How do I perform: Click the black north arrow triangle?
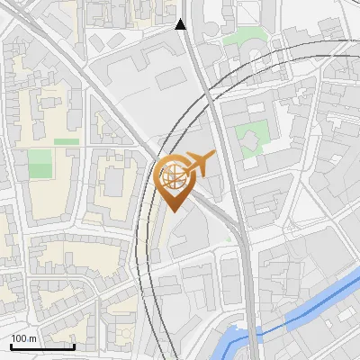tap(181, 24)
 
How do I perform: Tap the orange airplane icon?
tap(199, 164)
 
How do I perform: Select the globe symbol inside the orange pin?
tap(171, 175)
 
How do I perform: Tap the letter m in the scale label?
tap(32, 338)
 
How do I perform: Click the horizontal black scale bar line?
tap(42, 346)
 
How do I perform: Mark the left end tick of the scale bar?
tap(12, 344)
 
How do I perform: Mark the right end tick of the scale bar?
tap(74, 344)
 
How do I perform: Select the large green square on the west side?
tap(40, 164)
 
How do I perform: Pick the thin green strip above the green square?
tap(66, 141)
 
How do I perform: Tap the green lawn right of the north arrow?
tap(241, 38)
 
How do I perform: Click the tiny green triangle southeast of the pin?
tap(229, 240)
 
